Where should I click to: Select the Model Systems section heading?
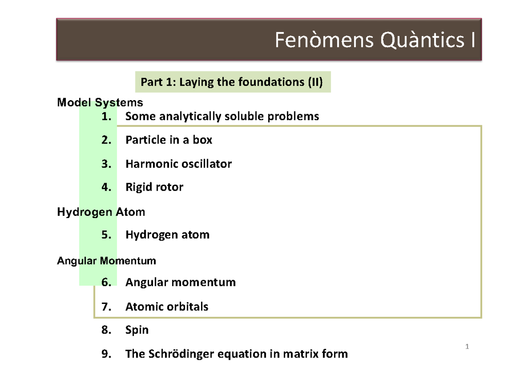[x=100, y=103]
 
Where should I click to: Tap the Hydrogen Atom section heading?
[x=101, y=212]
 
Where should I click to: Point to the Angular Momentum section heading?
[x=107, y=261]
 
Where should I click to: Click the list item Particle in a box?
[x=169, y=140]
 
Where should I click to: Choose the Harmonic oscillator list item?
[x=179, y=164]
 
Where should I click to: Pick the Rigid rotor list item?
[x=154, y=187]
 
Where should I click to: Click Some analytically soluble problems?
[x=222, y=116]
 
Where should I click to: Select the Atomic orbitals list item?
[x=167, y=307]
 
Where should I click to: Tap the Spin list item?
[x=137, y=330]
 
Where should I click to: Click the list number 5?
[x=106, y=235]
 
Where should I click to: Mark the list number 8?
[x=106, y=330]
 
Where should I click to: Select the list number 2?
[x=106, y=140]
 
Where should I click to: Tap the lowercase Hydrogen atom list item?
[x=167, y=235]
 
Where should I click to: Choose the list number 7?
[x=106, y=307]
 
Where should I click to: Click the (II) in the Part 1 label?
[x=315, y=82]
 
